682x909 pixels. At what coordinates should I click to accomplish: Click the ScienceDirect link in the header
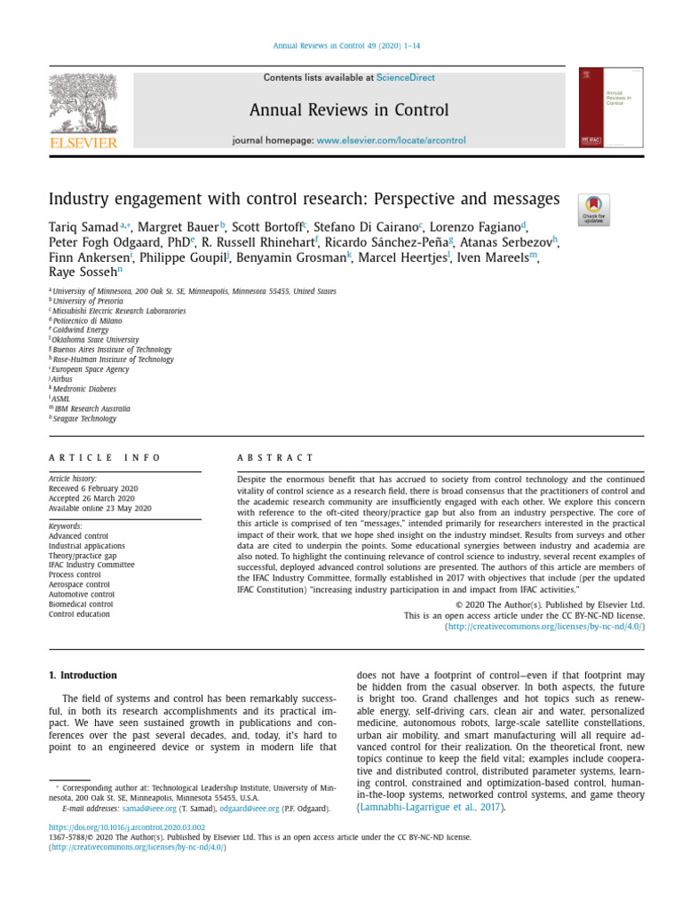click(405, 78)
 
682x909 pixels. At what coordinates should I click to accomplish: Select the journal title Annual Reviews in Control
click(349, 111)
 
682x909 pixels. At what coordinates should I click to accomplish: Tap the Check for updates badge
click(593, 209)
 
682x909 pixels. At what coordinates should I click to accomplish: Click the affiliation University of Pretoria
click(88, 301)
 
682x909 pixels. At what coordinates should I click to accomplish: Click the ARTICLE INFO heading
click(105, 457)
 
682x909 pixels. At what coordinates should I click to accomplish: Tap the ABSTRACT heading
click(275, 457)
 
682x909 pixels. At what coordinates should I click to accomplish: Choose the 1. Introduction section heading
click(82, 676)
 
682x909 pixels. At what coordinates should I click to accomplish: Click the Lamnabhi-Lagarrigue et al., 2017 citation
click(430, 808)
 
